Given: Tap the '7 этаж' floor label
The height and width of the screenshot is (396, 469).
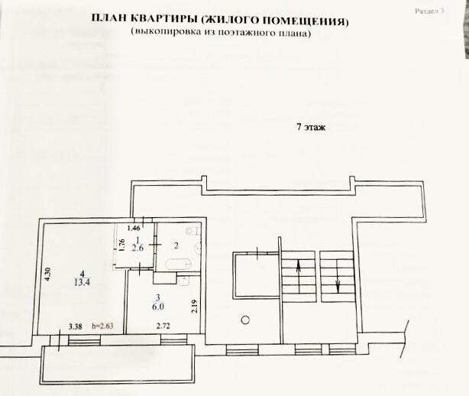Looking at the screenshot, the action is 311,127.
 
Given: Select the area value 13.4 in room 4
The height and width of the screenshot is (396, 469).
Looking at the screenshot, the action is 82,282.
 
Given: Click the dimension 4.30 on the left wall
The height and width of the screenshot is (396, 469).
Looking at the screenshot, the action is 48,274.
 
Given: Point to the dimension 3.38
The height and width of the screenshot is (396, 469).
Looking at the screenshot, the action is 75,326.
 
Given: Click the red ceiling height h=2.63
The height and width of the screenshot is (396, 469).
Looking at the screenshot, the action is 102,326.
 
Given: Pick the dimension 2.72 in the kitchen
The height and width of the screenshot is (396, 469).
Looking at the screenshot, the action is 163,326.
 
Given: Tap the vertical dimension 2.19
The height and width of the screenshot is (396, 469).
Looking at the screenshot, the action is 195,307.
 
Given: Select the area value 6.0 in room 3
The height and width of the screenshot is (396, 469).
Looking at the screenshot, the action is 158,307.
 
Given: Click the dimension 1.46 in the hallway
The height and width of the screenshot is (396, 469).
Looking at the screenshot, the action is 134,229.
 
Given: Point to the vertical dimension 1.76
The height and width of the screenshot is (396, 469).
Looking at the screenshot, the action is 121,245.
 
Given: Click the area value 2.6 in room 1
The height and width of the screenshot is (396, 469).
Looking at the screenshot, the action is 137,248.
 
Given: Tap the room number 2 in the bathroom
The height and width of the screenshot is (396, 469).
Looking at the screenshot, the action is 176,245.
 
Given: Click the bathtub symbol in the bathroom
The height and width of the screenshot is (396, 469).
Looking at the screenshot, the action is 179,264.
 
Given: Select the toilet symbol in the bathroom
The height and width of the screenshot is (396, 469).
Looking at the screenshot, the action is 193,230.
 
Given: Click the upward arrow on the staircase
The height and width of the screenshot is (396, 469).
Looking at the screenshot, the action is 299,276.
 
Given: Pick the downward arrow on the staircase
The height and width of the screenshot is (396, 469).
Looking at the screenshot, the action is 338,276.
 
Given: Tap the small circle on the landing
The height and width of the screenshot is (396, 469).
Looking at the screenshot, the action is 245,320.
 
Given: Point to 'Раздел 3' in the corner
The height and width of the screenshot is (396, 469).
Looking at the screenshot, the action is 429,11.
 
